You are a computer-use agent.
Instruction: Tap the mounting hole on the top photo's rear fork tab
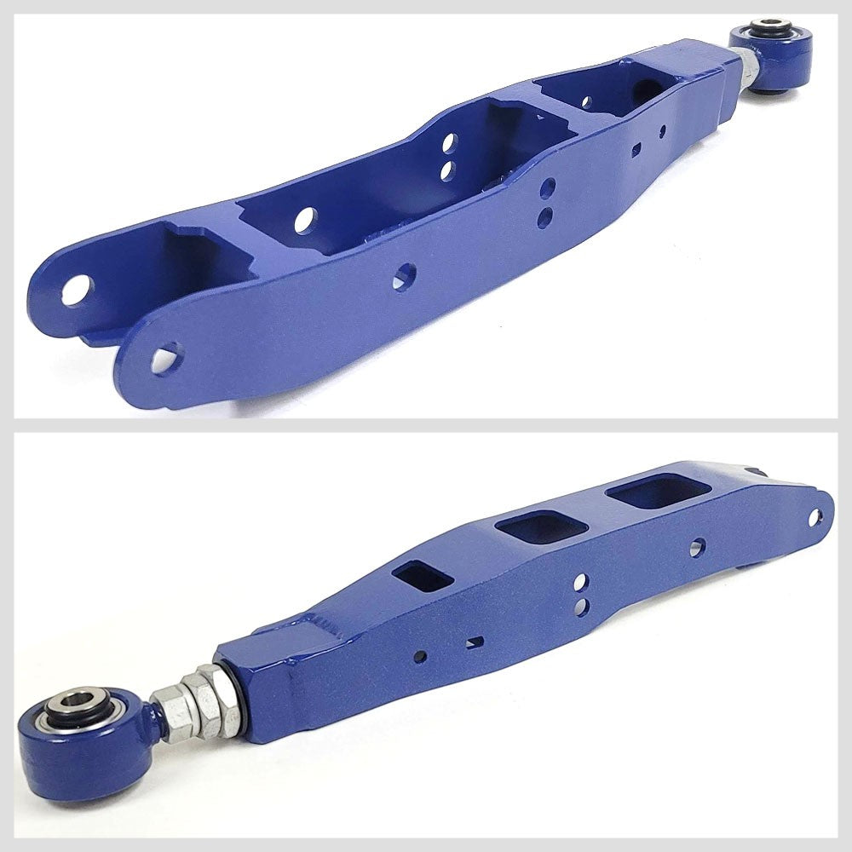point(77,290)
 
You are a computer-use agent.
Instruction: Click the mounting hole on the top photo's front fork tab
point(166,358)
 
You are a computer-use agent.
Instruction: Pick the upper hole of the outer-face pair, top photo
point(548,187)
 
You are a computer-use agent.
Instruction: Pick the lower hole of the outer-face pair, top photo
point(544,217)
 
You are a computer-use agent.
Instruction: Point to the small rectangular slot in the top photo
point(635,151)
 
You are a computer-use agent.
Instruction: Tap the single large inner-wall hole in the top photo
point(305,220)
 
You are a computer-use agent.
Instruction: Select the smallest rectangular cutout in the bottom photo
point(423,576)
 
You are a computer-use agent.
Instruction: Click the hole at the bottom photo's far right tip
point(815,516)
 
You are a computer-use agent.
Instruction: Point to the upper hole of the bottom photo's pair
point(580,582)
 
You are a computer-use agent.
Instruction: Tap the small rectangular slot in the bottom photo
point(474,642)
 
